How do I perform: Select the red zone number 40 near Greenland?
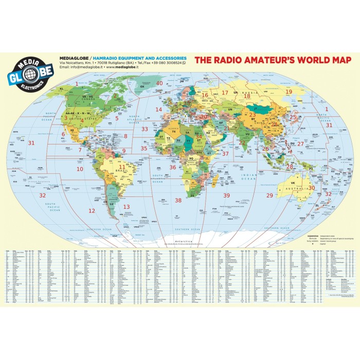tap(159, 83)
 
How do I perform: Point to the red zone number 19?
tap(289, 92)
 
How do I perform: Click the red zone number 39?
tap(226, 195)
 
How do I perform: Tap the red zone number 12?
tap(92, 211)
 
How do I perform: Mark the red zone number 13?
tap(126, 207)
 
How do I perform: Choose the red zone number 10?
tap(80, 169)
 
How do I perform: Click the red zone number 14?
tap(159, 110)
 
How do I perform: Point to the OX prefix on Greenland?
tap(142, 87)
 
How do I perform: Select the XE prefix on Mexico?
tap(73, 131)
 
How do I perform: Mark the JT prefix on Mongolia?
tap(256, 109)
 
